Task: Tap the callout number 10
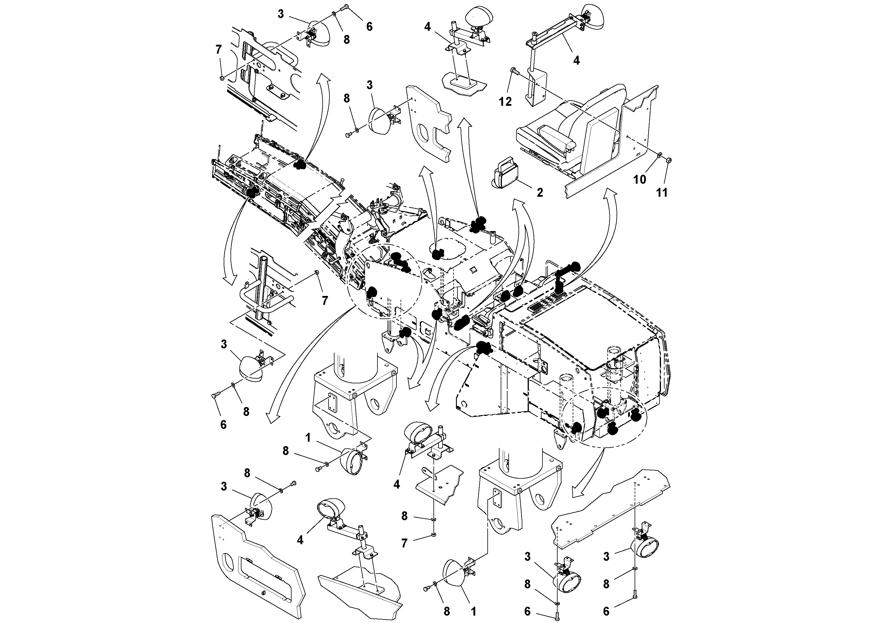pos(640,179)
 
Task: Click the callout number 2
pos(540,193)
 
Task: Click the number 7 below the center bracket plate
pos(404,543)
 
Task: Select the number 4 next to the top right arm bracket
pos(576,60)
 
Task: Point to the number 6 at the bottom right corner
pos(606,611)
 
